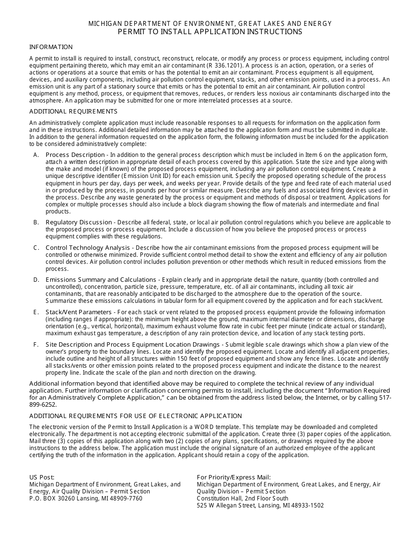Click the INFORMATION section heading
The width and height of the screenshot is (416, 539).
[x=51, y=47]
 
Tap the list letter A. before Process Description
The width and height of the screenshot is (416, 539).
[x=36, y=155]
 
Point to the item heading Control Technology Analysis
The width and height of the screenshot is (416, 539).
[x=88, y=248]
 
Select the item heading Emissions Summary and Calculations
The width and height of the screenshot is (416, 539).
[x=101, y=280]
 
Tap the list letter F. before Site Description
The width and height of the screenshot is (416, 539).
[x=36, y=344]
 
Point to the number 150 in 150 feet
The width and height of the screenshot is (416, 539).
[x=191, y=358]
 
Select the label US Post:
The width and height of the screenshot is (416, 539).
[x=42, y=477]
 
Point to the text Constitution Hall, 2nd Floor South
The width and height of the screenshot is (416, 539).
[x=243, y=498]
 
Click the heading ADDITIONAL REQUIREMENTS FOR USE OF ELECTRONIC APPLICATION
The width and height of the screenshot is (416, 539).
[x=135, y=416]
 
